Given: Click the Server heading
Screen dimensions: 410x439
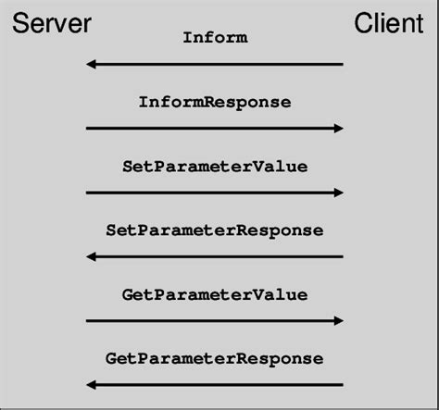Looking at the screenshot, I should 51,24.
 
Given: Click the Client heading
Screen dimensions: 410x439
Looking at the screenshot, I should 388,24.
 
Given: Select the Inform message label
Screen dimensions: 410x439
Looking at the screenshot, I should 214,38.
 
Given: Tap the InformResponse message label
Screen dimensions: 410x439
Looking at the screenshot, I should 214,102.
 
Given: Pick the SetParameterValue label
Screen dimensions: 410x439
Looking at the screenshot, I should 214,167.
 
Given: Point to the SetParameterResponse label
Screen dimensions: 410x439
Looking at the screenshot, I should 214,230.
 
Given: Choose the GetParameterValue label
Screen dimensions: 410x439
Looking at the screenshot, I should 214,294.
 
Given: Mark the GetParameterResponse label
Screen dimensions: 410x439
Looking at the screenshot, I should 214,358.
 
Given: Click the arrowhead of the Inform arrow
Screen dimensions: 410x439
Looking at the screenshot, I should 91,64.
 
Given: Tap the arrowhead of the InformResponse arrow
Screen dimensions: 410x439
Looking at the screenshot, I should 338,128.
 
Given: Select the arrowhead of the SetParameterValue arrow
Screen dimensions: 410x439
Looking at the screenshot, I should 338,193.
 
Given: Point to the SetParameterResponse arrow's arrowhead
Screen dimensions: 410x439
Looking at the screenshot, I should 91,256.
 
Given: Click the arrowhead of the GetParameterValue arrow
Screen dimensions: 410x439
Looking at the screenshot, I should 338,320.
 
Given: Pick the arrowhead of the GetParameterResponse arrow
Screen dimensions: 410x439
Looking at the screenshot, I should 91,384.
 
